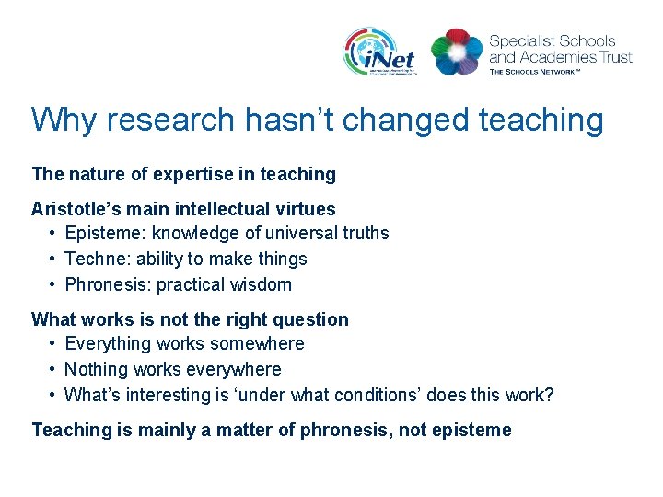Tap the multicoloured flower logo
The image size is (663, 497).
pyautogui.click(x=457, y=52)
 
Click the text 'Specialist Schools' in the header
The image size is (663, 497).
pyautogui.click(x=552, y=40)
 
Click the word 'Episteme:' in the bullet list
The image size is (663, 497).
pyautogui.click(x=105, y=234)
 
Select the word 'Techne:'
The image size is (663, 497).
pyautogui.click(x=97, y=260)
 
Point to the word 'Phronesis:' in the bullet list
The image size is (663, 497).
pyautogui.click(x=108, y=285)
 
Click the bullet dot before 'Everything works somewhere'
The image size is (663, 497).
pyautogui.click(x=54, y=343)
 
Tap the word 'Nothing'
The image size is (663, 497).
pyautogui.click(x=95, y=369)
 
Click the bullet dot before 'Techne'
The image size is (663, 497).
pyautogui.click(x=54, y=260)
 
